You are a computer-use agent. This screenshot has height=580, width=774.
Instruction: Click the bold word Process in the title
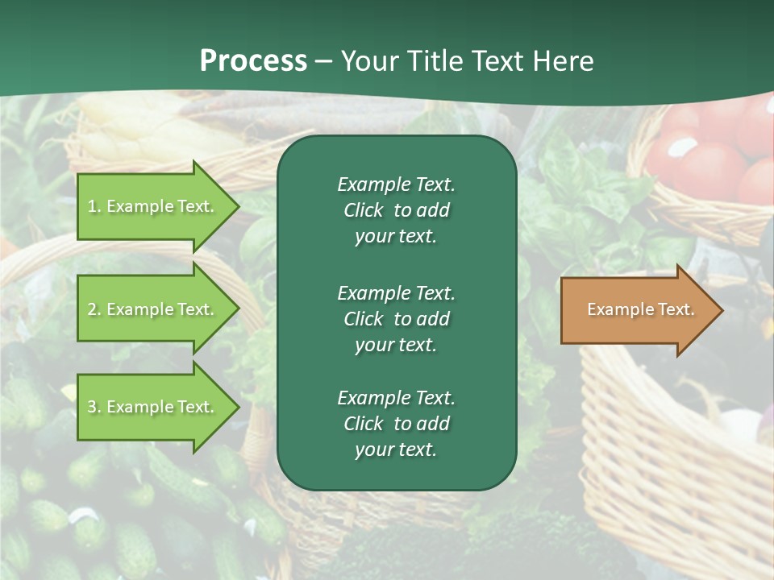coord(253,61)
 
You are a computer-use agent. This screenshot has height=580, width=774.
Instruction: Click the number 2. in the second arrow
coord(94,309)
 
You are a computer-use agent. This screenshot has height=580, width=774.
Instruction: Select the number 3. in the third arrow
coord(94,407)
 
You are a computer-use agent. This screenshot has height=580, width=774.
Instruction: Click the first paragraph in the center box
coord(396,210)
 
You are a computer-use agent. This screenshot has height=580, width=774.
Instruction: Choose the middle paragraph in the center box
coord(396,318)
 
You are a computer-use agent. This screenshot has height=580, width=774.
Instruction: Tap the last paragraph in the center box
coord(396,424)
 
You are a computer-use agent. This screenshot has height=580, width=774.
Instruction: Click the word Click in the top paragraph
coord(363,210)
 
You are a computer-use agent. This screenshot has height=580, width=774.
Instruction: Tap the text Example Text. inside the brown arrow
coord(640,309)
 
